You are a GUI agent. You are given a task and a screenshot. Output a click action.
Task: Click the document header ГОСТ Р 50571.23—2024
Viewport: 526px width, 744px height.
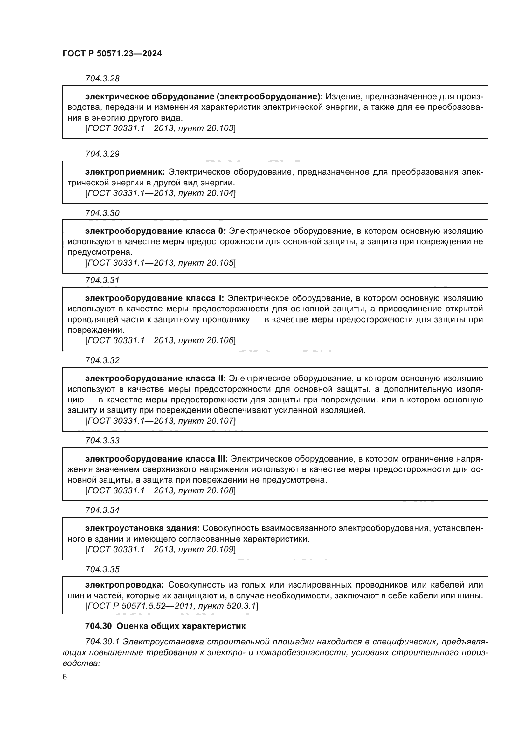(x=112, y=54)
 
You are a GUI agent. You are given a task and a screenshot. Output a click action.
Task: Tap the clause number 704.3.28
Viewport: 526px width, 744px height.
(x=102, y=79)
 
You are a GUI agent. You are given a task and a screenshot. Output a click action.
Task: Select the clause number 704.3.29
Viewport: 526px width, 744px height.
(x=102, y=154)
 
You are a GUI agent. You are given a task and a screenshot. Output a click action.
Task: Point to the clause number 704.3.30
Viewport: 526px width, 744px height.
(x=102, y=213)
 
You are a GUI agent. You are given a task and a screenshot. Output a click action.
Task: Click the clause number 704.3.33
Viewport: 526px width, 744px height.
(x=102, y=440)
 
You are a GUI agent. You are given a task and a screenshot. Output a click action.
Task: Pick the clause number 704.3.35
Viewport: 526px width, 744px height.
(x=102, y=569)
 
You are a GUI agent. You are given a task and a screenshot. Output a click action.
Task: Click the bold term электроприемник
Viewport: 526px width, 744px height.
(x=125, y=172)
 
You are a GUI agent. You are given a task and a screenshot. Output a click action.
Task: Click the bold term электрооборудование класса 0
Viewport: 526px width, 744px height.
(x=155, y=231)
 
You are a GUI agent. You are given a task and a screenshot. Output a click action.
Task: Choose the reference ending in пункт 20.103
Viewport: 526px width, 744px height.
(x=160, y=128)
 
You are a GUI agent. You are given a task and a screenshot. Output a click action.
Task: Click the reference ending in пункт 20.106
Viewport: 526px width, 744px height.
(x=160, y=341)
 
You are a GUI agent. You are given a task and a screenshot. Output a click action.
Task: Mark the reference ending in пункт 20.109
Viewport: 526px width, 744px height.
(x=160, y=549)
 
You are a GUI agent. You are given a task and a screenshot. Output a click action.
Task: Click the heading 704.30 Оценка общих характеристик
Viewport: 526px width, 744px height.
(x=165, y=626)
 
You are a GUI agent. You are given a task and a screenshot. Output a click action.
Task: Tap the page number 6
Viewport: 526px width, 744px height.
(x=65, y=677)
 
